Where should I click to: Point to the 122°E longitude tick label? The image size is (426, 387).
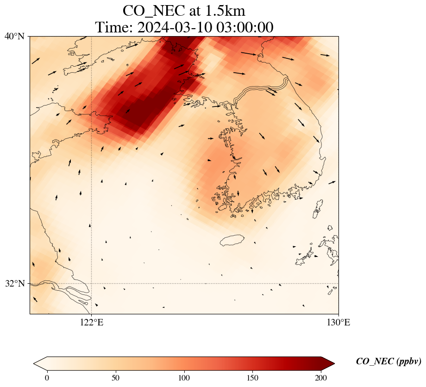click(91, 323)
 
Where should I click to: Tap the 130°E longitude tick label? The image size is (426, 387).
click(338, 323)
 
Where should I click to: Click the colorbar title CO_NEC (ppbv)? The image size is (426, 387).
click(388, 362)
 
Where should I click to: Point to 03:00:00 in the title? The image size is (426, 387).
click(244, 27)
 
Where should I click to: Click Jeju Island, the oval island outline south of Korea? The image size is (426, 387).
click(232, 240)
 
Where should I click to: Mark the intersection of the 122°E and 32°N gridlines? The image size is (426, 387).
click(91, 283)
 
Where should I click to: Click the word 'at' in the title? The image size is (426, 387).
click(192, 10)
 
